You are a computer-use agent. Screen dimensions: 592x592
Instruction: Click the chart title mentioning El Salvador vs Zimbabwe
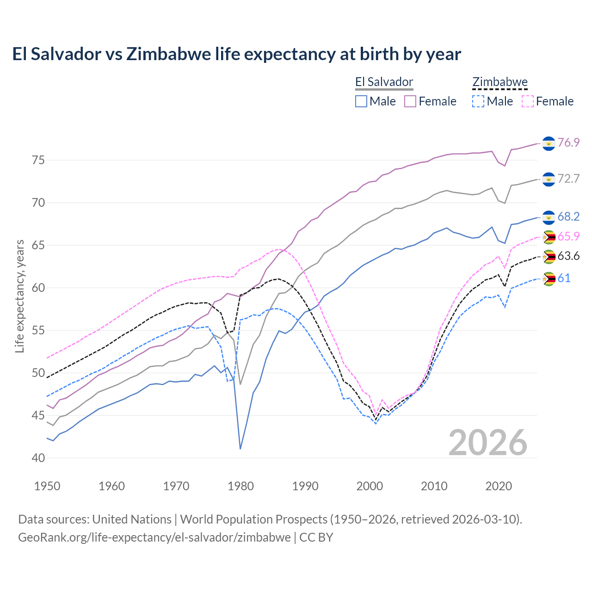(236, 54)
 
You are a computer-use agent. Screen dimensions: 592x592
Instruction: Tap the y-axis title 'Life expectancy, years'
(19, 296)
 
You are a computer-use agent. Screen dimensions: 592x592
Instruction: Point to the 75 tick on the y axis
(38, 160)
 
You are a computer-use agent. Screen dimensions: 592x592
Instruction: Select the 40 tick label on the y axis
(38, 458)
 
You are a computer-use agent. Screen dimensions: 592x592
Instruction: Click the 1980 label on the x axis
(240, 486)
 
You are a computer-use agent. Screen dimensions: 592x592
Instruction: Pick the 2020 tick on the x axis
(499, 486)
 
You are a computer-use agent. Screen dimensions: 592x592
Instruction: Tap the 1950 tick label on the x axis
(47, 486)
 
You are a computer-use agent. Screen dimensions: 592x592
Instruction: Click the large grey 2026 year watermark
(488, 443)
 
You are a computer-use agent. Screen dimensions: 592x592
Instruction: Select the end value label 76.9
(568, 142)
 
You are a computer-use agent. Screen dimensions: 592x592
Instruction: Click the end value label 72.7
(568, 179)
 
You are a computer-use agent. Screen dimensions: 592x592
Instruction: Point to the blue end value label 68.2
(568, 216)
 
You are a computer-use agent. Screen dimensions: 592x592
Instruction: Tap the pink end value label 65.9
(568, 236)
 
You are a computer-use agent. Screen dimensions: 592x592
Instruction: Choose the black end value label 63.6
(568, 256)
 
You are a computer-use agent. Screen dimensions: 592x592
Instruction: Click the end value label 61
(564, 278)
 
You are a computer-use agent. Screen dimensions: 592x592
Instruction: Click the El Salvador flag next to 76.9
(549, 143)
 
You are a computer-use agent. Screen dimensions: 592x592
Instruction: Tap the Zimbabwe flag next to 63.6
(549, 257)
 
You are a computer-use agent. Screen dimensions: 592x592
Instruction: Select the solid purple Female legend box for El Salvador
(410, 101)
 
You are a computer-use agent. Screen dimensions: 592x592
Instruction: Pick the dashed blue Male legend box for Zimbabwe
(478, 101)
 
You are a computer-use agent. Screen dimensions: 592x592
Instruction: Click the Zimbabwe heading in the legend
(500, 82)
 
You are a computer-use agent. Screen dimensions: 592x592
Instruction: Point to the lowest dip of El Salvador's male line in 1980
(240, 449)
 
